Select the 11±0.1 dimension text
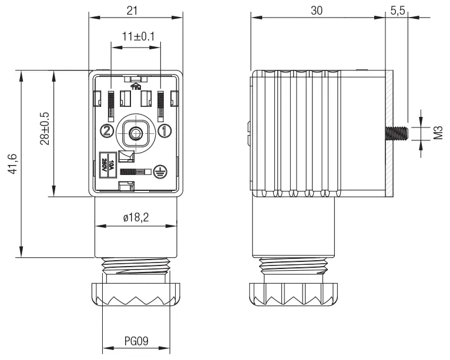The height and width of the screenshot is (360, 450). [x=136, y=36]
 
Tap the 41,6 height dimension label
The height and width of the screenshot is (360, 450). [x=12, y=164]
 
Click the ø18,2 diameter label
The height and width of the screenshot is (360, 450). [x=136, y=217]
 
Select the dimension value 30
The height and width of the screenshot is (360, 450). [x=318, y=11]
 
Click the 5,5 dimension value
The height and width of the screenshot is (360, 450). [x=397, y=11]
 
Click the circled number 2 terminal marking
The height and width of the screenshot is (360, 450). [x=106, y=130]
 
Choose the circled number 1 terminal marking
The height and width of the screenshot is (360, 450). [x=165, y=130]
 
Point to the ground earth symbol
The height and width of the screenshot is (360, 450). [x=157, y=171]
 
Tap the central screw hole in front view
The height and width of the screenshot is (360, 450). [x=136, y=132]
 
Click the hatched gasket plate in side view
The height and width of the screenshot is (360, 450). [x=389, y=134]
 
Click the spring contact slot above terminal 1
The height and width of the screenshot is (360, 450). [x=161, y=104]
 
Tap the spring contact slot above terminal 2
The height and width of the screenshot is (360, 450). [x=110, y=104]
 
